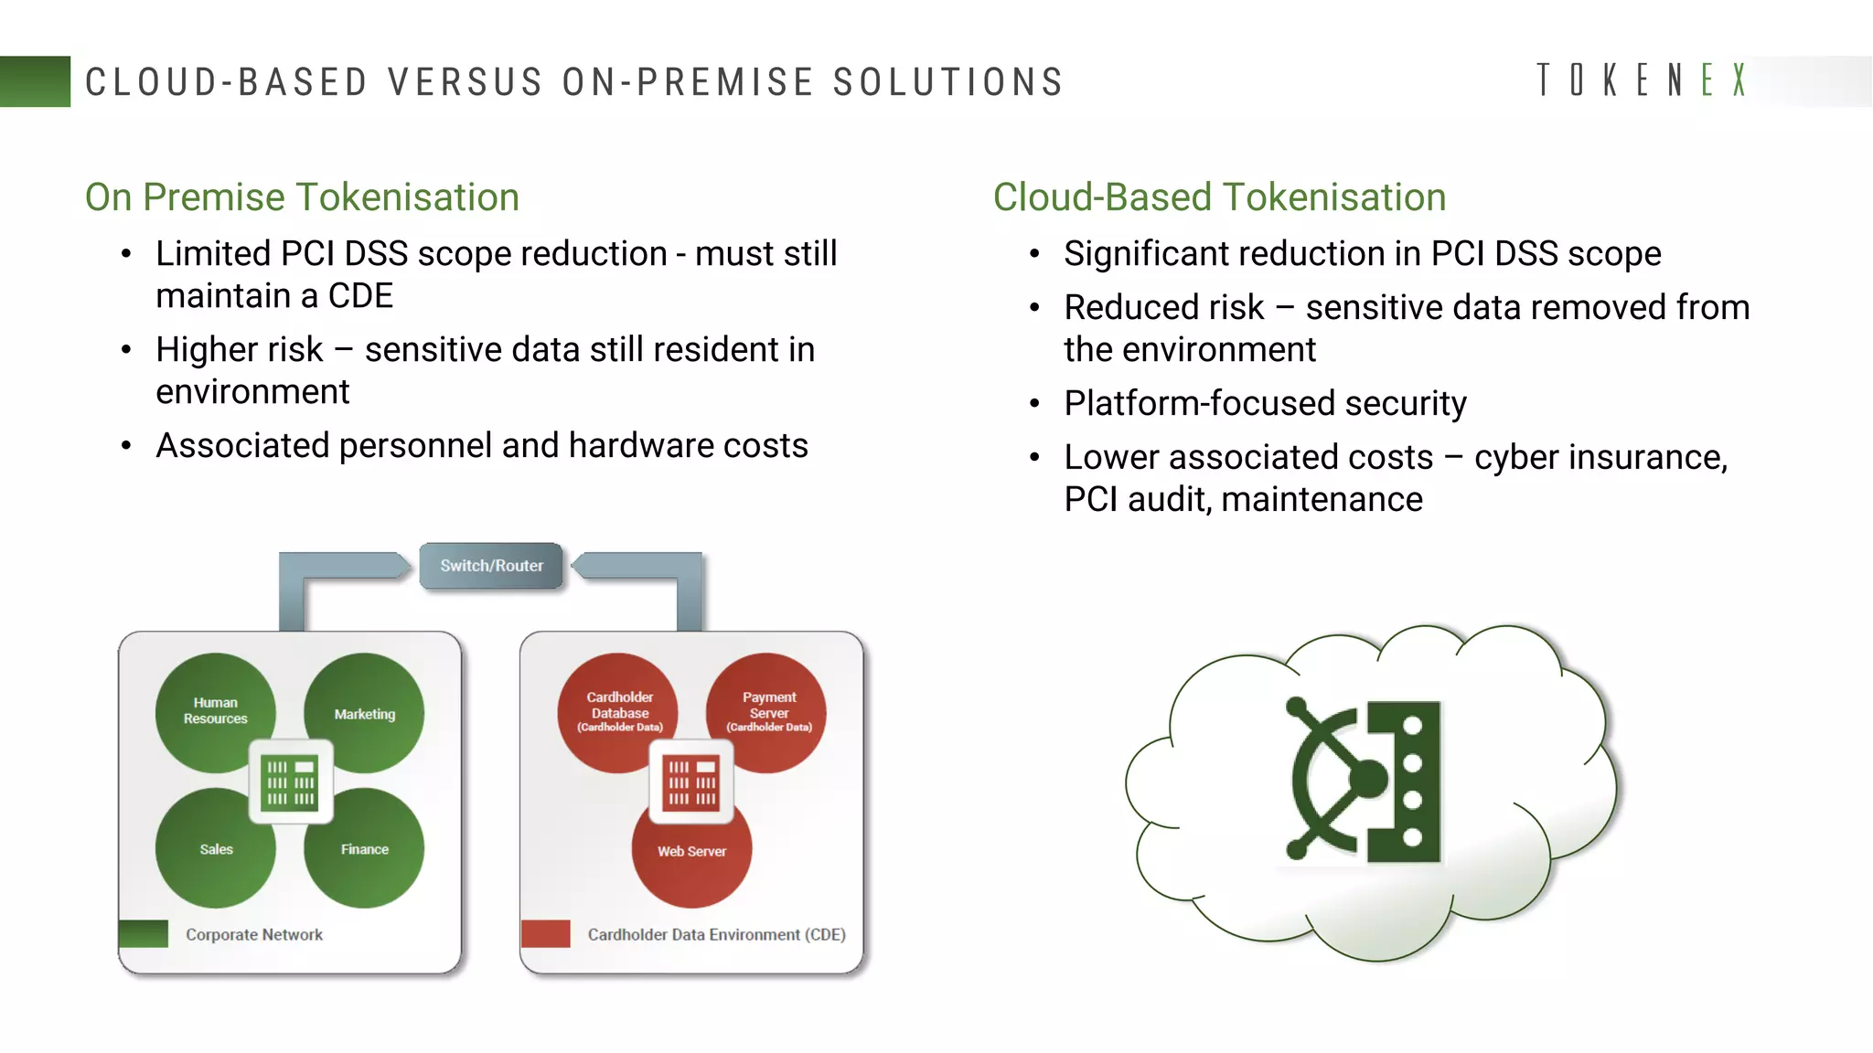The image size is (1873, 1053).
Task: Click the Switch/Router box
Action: (x=491, y=566)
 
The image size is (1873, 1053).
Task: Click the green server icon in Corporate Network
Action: (x=291, y=782)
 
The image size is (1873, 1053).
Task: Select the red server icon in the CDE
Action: (x=691, y=782)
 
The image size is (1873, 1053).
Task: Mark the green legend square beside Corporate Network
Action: (x=144, y=933)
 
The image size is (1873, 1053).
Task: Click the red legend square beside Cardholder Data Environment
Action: (x=545, y=933)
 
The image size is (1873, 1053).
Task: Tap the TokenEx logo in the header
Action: (x=1642, y=80)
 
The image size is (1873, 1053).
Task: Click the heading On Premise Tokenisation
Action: (x=302, y=197)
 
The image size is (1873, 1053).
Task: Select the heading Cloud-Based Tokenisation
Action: (x=1219, y=197)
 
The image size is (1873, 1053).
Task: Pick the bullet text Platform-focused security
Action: (x=1265, y=403)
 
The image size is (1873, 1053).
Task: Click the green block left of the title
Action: (x=35, y=81)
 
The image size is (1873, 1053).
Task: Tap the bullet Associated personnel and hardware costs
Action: (x=481, y=446)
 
